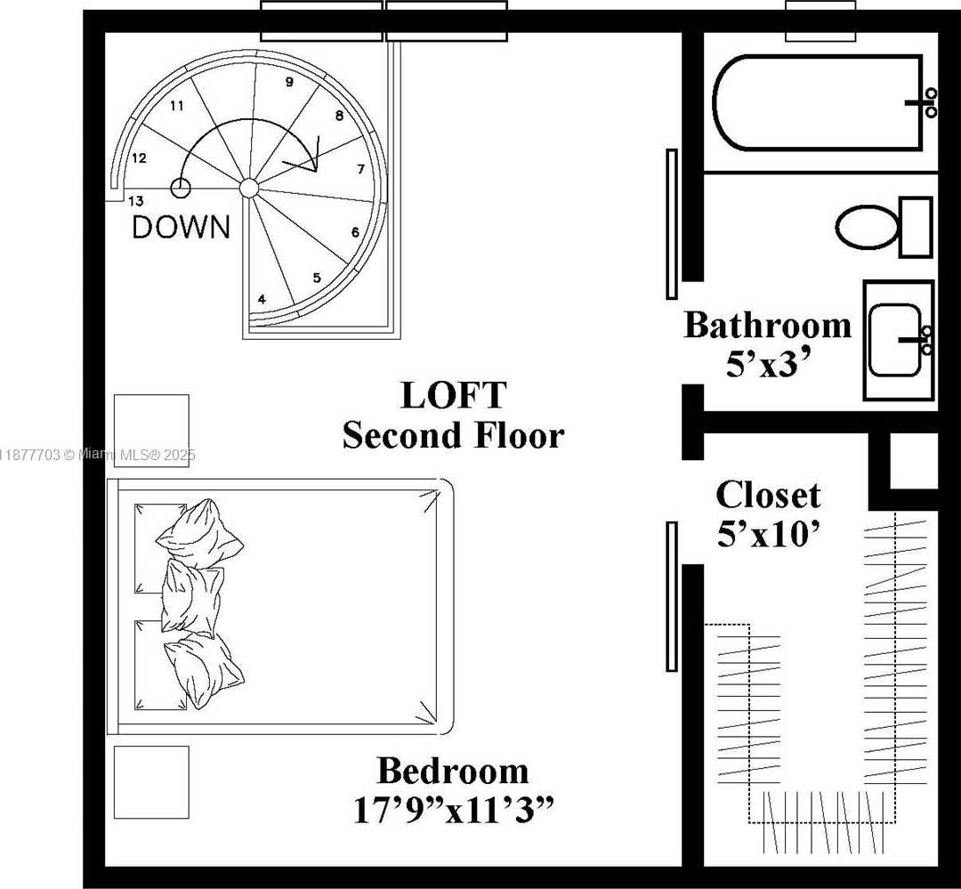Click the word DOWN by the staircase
click(x=182, y=227)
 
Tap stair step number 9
click(x=289, y=82)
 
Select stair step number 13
click(x=136, y=200)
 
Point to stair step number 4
click(x=262, y=300)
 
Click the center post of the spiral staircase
click(x=248, y=188)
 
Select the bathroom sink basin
click(x=895, y=340)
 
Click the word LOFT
click(x=454, y=395)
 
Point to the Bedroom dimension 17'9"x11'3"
click(x=454, y=810)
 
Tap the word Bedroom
click(x=453, y=771)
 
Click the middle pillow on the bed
click(x=192, y=597)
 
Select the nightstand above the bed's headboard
click(x=151, y=431)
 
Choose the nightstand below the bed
click(x=151, y=781)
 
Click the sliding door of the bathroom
click(x=672, y=223)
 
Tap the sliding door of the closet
click(x=672, y=596)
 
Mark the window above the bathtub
click(x=820, y=20)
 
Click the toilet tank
click(x=916, y=227)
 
